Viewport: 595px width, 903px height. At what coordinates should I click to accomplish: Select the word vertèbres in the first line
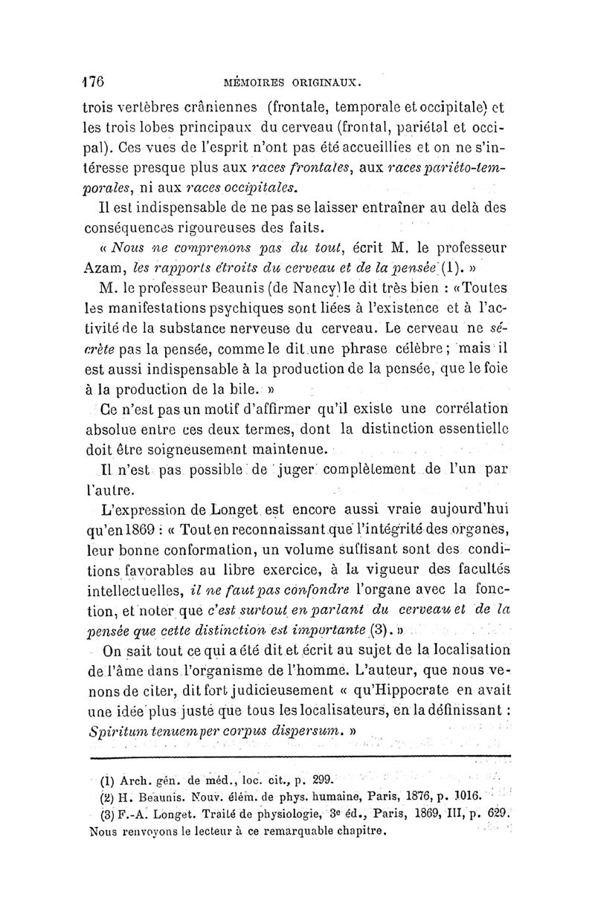point(155,106)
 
